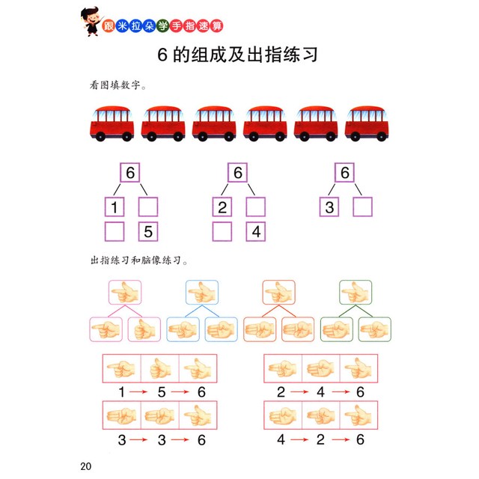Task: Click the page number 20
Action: pyautogui.click(x=86, y=466)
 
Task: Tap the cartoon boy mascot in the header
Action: pyautogui.click(x=91, y=22)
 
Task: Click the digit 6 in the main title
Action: pyautogui.click(x=162, y=55)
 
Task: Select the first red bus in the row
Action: pyautogui.click(x=112, y=123)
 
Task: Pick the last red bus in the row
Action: pyautogui.click(x=367, y=123)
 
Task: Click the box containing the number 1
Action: pyautogui.click(x=115, y=207)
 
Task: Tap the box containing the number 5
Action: pyautogui.click(x=148, y=231)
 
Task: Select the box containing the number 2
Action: pyautogui.click(x=222, y=207)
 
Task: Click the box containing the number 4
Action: pyautogui.click(x=256, y=231)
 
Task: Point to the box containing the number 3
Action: pyautogui.click(x=329, y=207)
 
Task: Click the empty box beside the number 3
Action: pyautogui.click(x=362, y=207)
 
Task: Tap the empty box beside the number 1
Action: pyautogui.click(x=148, y=207)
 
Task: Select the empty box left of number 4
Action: pyautogui.click(x=222, y=231)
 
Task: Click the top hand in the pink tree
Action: pyautogui.click(x=125, y=293)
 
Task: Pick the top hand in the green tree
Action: pyautogui.click(x=356, y=293)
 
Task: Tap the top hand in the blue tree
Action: pyautogui.click(x=202, y=293)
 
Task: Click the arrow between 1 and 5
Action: pyautogui.click(x=138, y=392)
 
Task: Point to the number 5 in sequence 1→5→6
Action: pyautogui.click(x=162, y=392)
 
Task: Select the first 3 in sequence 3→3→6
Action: pyautogui.click(x=122, y=440)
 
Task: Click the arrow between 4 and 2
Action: pyautogui.click(x=299, y=439)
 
